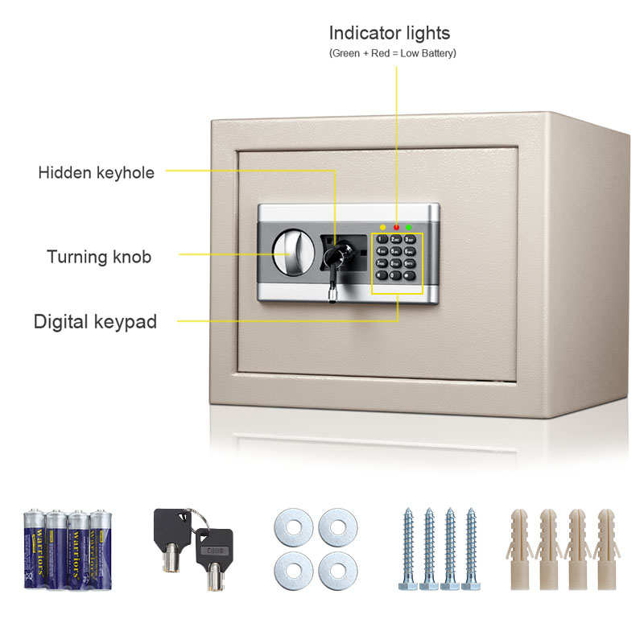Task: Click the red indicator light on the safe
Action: (x=396, y=228)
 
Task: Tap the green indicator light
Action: (x=410, y=228)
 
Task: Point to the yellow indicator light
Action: (x=382, y=228)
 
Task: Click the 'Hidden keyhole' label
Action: (x=96, y=172)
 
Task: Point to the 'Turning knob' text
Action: (x=99, y=257)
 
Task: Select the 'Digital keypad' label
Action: (x=95, y=322)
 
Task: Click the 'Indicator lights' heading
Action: (x=390, y=34)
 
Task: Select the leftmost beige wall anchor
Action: (x=520, y=548)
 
